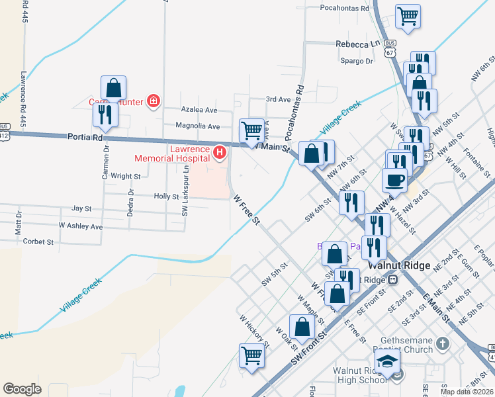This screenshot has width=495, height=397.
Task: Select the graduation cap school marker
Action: click(x=387, y=361)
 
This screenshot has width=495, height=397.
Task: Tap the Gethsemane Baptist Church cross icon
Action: click(x=443, y=343)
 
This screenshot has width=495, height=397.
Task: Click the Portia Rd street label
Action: click(x=85, y=138)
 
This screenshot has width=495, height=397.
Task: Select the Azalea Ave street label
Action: click(x=199, y=110)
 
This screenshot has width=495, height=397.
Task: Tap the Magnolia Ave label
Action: click(x=197, y=126)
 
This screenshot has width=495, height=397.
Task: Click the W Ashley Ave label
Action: click(x=81, y=226)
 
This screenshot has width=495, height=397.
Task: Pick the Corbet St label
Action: click(x=38, y=242)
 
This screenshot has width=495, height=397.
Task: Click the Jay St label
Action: click(x=81, y=208)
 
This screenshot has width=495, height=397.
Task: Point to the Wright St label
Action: click(x=126, y=177)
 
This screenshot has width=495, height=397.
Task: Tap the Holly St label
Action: click(x=166, y=197)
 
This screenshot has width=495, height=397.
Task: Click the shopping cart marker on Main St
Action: click(x=251, y=130)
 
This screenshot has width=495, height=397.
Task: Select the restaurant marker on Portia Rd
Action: click(x=106, y=114)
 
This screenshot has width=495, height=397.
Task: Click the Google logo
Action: click(x=22, y=389)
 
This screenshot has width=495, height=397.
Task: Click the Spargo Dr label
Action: click(x=357, y=61)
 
